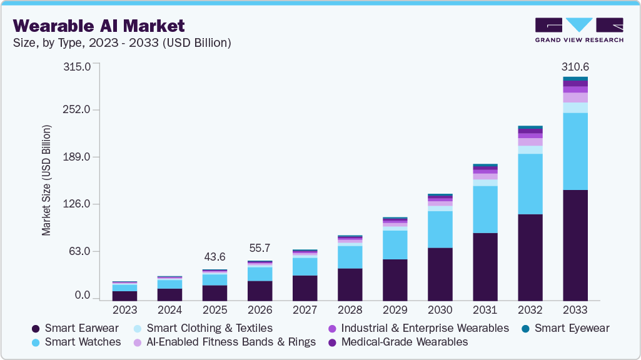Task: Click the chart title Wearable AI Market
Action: click(98, 26)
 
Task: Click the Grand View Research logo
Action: click(578, 30)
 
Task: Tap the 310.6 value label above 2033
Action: click(575, 67)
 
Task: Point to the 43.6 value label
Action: click(215, 257)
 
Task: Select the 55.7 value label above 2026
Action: click(260, 248)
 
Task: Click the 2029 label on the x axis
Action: click(395, 309)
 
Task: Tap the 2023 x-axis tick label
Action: click(125, 309)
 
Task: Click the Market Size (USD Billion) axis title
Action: click(46, 180)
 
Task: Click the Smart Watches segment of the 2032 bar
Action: click(530, 184)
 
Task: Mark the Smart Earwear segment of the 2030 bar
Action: click(440, 274)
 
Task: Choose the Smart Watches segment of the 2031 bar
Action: click(485, 209)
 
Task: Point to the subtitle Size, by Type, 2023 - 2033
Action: click(122, 43)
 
